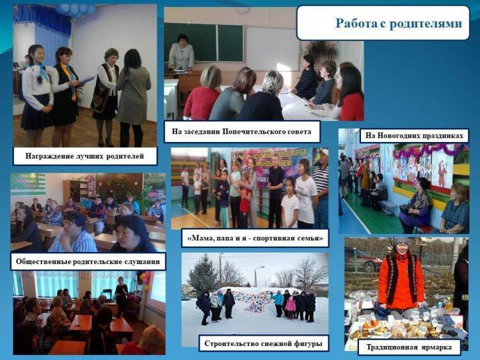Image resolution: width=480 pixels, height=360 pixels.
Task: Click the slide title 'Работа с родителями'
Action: tap(399, 24)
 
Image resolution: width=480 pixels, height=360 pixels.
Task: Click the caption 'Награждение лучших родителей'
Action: tap(84, 156)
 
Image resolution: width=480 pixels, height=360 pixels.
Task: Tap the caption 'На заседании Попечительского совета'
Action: tap(241, 132)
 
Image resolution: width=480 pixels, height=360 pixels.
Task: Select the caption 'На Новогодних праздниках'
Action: tap(414, 135)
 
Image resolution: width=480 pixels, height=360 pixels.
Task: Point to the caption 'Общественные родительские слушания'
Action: tap(88, 262)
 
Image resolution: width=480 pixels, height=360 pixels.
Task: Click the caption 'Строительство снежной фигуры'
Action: tap(263, 343)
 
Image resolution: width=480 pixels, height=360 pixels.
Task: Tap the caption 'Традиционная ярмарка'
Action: tap(410, 347)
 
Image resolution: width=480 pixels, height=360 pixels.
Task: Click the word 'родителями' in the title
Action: tap(426, 24)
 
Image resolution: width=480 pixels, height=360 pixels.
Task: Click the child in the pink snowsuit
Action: tap(290, 307)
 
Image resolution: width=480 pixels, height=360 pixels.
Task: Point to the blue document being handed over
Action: tap(86, 80)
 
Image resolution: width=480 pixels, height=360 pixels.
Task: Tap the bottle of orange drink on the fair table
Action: tap(449, 304)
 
